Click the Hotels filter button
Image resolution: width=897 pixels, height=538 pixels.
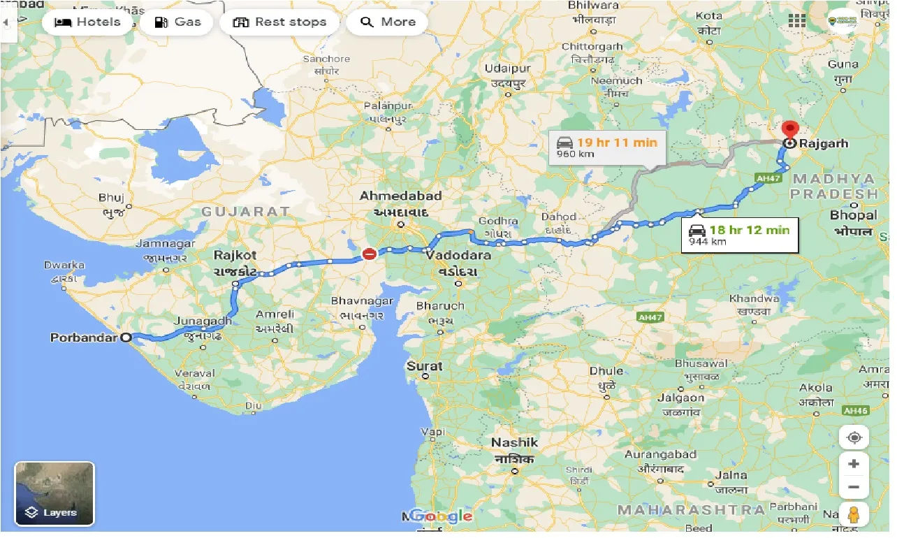(x=88, y=22)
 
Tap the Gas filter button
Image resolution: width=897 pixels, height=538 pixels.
(x=178, y=22)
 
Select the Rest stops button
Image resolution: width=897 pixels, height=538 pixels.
(x=279, y=22)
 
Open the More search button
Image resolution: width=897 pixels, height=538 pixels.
(x=388, y=22)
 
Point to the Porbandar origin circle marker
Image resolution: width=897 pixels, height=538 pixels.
(x=126, y=338)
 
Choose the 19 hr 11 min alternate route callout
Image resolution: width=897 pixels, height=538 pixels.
(x=606, y=147)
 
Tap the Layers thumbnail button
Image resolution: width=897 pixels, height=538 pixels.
(x=54, y=493)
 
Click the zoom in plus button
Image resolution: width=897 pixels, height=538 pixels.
(x=854, y=464)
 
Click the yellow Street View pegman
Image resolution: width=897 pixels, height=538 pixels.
(x=854, y=515)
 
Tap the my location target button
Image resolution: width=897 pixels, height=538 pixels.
(x=854, y=438)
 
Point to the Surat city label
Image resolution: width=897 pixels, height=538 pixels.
(x=425, y=365)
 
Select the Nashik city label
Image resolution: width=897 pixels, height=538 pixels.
(x=515, y=442)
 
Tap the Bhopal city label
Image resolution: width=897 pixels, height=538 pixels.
(x=853, y=215)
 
